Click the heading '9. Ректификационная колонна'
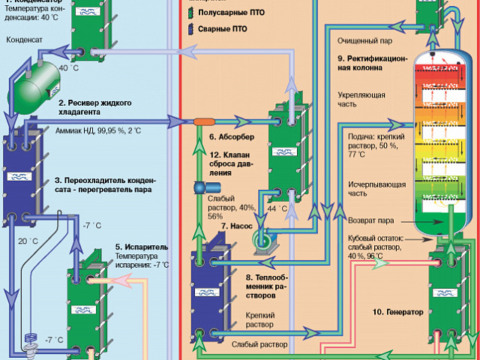click(372, 62)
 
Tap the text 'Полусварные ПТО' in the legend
click(233, 13)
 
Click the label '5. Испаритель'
click(141, 246)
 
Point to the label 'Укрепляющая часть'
click(361, 100)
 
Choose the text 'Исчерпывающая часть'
click(367, 188)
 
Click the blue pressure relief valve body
click(201, 188)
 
